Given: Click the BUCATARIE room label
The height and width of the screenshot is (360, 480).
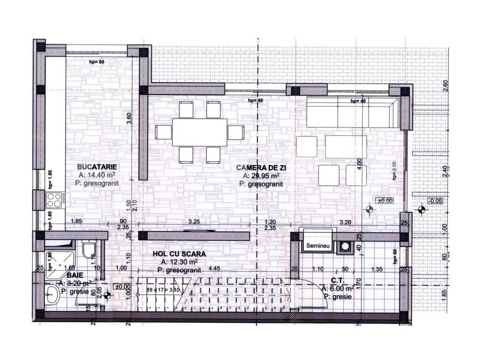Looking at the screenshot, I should [97, 167].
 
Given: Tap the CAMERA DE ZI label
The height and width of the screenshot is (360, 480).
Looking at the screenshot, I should [261, 168].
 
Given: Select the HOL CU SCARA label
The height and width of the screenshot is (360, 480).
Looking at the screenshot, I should [179, 254].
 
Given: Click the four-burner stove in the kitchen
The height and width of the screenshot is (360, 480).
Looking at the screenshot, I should [54, 200].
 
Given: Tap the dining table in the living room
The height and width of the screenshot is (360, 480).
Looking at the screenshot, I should [200, 132].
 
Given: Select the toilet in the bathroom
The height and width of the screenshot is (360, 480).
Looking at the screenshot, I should [88, 250].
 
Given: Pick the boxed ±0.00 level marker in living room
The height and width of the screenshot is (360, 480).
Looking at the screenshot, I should [385, 200].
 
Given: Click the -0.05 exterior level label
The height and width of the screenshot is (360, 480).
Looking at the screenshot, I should [436, 201].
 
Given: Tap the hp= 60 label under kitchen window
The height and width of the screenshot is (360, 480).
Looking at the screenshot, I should [97, 62].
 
